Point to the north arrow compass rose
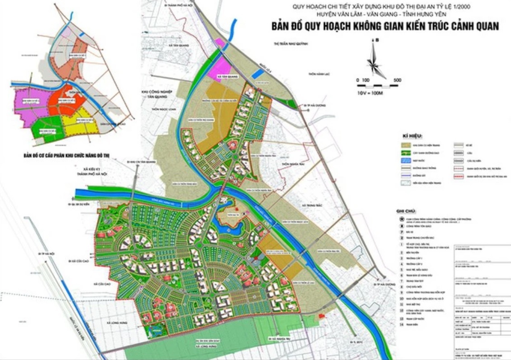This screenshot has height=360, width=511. coord(373,59)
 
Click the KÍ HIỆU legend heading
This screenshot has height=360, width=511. coord(411,136)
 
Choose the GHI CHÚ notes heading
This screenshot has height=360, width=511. coord(405,211)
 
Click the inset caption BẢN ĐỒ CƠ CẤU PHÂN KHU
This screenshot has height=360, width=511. coord(67,156)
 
